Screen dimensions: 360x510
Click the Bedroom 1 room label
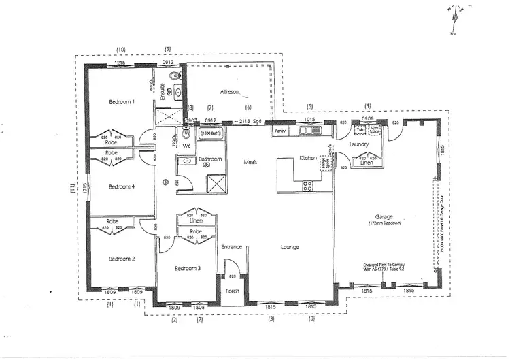tap(122, 102)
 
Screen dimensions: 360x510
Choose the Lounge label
tap(290, 248)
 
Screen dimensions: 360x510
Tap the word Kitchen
tap(309, 158)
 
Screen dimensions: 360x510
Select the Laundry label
tap(358, 144)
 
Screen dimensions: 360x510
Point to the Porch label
tap(233, 291)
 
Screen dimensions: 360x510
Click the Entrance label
tap(231, 246)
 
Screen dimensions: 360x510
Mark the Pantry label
tap(279, 129)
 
